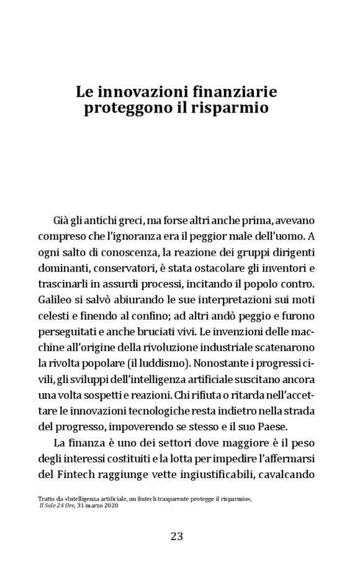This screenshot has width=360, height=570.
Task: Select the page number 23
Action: (177, 536)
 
